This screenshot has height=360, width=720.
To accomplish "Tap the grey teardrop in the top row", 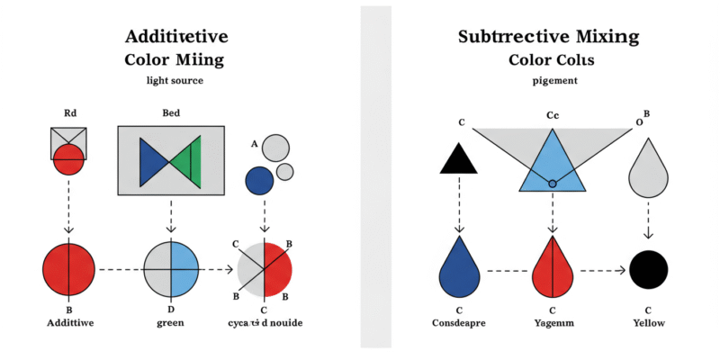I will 647,171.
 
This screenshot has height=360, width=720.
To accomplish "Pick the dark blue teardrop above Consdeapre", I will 461,269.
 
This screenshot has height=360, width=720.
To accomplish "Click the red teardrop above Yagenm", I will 553,269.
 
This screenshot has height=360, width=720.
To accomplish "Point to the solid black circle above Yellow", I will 648,269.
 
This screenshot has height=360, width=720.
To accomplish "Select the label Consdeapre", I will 461,322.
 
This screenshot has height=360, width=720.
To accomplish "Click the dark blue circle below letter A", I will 259,179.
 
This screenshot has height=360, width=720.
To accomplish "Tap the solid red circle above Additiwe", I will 68,269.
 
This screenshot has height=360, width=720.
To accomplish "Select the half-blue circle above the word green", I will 171,269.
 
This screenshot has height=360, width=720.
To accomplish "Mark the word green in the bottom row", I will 171,322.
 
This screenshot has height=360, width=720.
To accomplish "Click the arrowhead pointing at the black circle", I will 622,269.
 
